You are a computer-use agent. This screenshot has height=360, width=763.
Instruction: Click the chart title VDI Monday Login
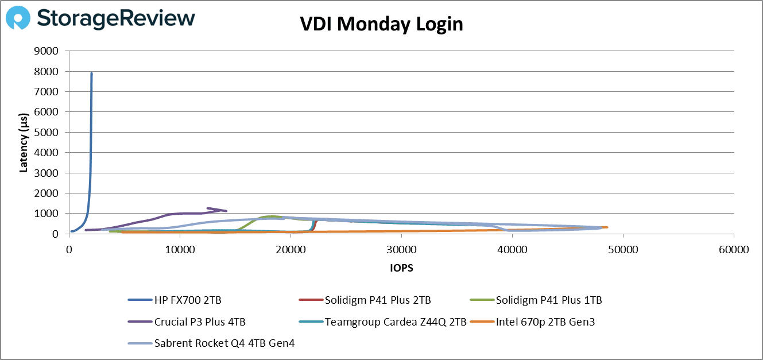[x=381, y=24]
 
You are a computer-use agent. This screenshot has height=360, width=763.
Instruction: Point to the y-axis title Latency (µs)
[x=24, y=142]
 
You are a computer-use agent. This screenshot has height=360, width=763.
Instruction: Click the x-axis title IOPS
[x=401, y=268]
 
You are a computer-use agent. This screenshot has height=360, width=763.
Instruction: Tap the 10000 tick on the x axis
[x=180, y=251]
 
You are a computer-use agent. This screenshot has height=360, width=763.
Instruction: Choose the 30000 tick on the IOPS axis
[x=401, y=251]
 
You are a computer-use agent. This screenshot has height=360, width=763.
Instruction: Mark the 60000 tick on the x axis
[x=734, y=251]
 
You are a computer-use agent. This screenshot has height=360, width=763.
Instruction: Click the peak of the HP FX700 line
[x=91, y=73]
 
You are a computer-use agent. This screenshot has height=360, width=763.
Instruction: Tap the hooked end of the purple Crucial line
[x=208, y=208]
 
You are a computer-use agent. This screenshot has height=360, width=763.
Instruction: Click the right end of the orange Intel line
[x=606, y=227]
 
